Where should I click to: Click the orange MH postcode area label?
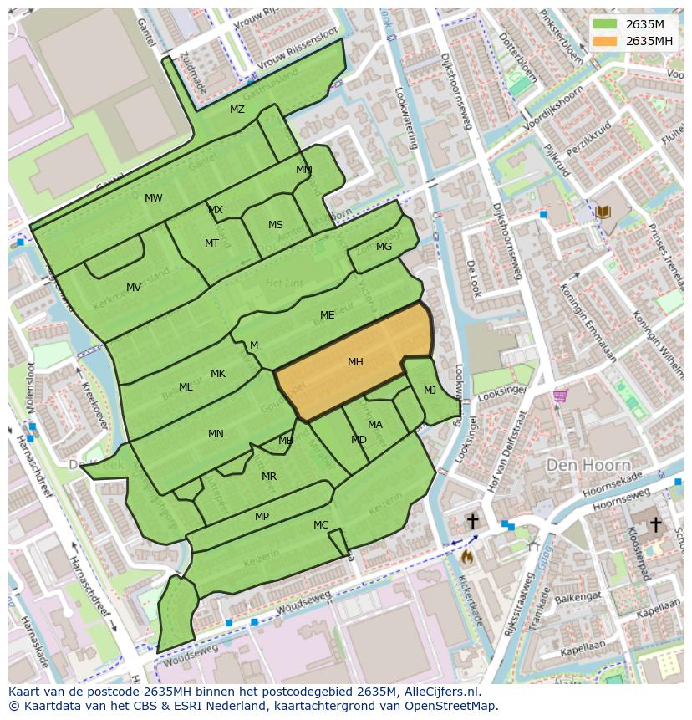355,362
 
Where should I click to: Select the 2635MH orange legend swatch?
605,41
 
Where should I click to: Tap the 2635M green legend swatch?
605,24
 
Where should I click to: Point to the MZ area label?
237,110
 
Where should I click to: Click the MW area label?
154,198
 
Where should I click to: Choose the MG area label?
384,247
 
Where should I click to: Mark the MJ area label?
430,391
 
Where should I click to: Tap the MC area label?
321,525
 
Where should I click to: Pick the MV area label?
134,288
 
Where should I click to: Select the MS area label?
276,225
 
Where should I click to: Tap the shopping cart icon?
559,396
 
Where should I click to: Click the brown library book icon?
603,212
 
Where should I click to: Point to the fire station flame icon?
466,555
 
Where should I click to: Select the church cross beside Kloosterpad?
656,524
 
